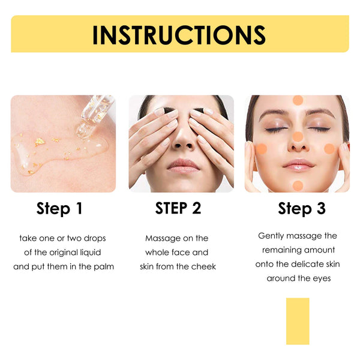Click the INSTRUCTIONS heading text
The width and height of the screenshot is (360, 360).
(x=179, y=35)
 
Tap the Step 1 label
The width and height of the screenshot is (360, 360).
(x=59, y=208)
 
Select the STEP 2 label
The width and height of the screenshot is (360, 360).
(x=178, y=208)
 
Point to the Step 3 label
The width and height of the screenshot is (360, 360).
(x=302, y=208)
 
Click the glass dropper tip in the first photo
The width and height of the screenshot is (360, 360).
(x=82, y=132)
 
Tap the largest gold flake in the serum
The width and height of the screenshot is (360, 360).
(x=40, y=142)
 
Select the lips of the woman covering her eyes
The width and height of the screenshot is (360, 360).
(x=183, y=166)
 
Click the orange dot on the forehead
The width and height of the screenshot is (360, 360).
(x=298, y=100)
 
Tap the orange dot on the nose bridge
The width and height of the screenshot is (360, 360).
(x=298, y=137)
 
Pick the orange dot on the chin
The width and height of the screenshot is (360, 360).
(x=298, y=186)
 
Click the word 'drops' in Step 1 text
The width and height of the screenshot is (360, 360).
(x=95, y=239)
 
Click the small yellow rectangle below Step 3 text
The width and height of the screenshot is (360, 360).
(x=298, y=321)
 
